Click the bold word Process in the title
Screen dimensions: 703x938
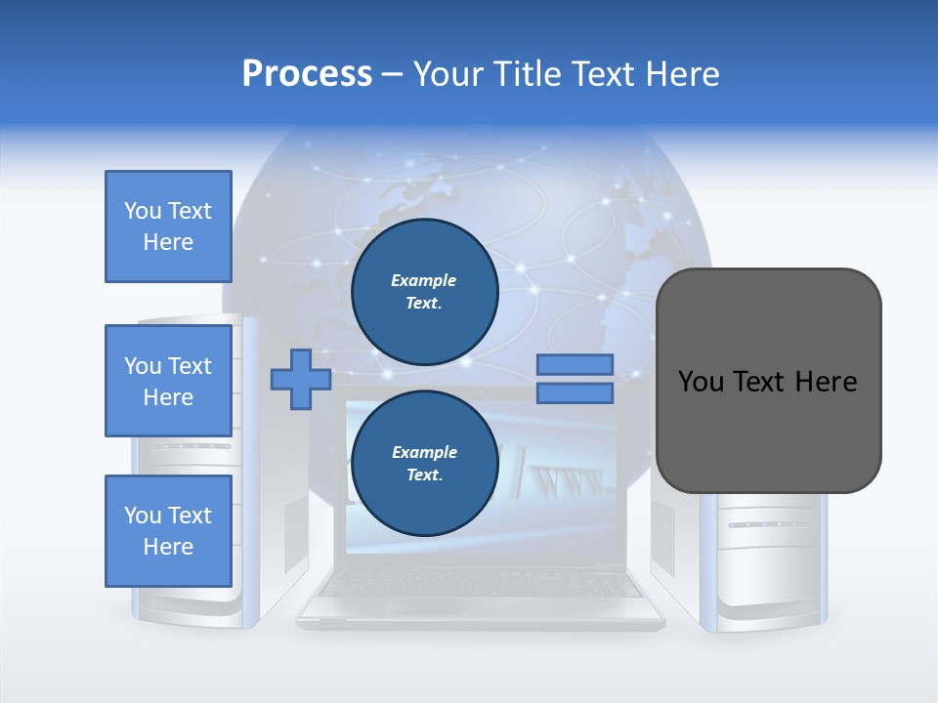pos(307,74)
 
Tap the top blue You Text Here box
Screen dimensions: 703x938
pos(168,227)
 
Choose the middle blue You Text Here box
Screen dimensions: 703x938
pos(168,381)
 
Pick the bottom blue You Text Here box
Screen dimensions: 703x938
pos(168,531)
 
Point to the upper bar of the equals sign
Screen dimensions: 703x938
pos(575,365)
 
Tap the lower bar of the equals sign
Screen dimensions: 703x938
pos(575,393)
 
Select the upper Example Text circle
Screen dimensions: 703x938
pos(424,292)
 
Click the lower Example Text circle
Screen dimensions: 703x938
pos(424,464)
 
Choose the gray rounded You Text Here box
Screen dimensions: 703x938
pos(768,381)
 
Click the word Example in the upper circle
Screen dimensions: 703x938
pos(424,280)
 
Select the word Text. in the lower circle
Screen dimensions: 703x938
pos(424,476)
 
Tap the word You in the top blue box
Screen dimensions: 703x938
pos(142,211)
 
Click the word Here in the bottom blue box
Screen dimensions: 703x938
pos(168,547)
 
